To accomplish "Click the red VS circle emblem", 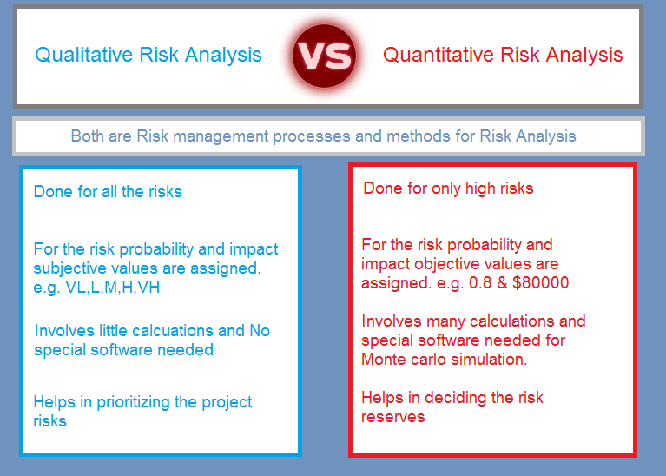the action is (x=324, y=56).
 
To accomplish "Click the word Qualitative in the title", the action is (x=84, y=56).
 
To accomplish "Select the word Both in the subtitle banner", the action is (x=87, y=136).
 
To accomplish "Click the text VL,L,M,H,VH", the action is (x=113, y=288).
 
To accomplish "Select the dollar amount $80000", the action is (x=541, y=282).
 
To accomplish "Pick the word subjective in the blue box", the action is (x=70, y=269).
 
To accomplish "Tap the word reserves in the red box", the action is (x=392, y=417).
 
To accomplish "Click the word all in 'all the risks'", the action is (x=109, y=192).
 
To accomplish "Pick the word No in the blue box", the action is (x=260, y=331).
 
